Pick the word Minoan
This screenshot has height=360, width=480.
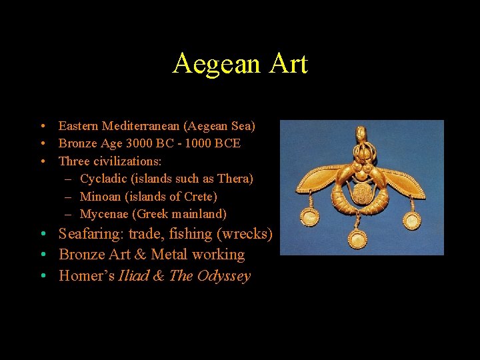(100, 197)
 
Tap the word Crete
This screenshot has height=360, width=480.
(201, 197)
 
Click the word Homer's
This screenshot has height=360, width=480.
(86, 276)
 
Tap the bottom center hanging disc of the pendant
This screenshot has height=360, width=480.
(358, 240)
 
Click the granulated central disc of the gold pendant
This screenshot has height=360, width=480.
(363, 195)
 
